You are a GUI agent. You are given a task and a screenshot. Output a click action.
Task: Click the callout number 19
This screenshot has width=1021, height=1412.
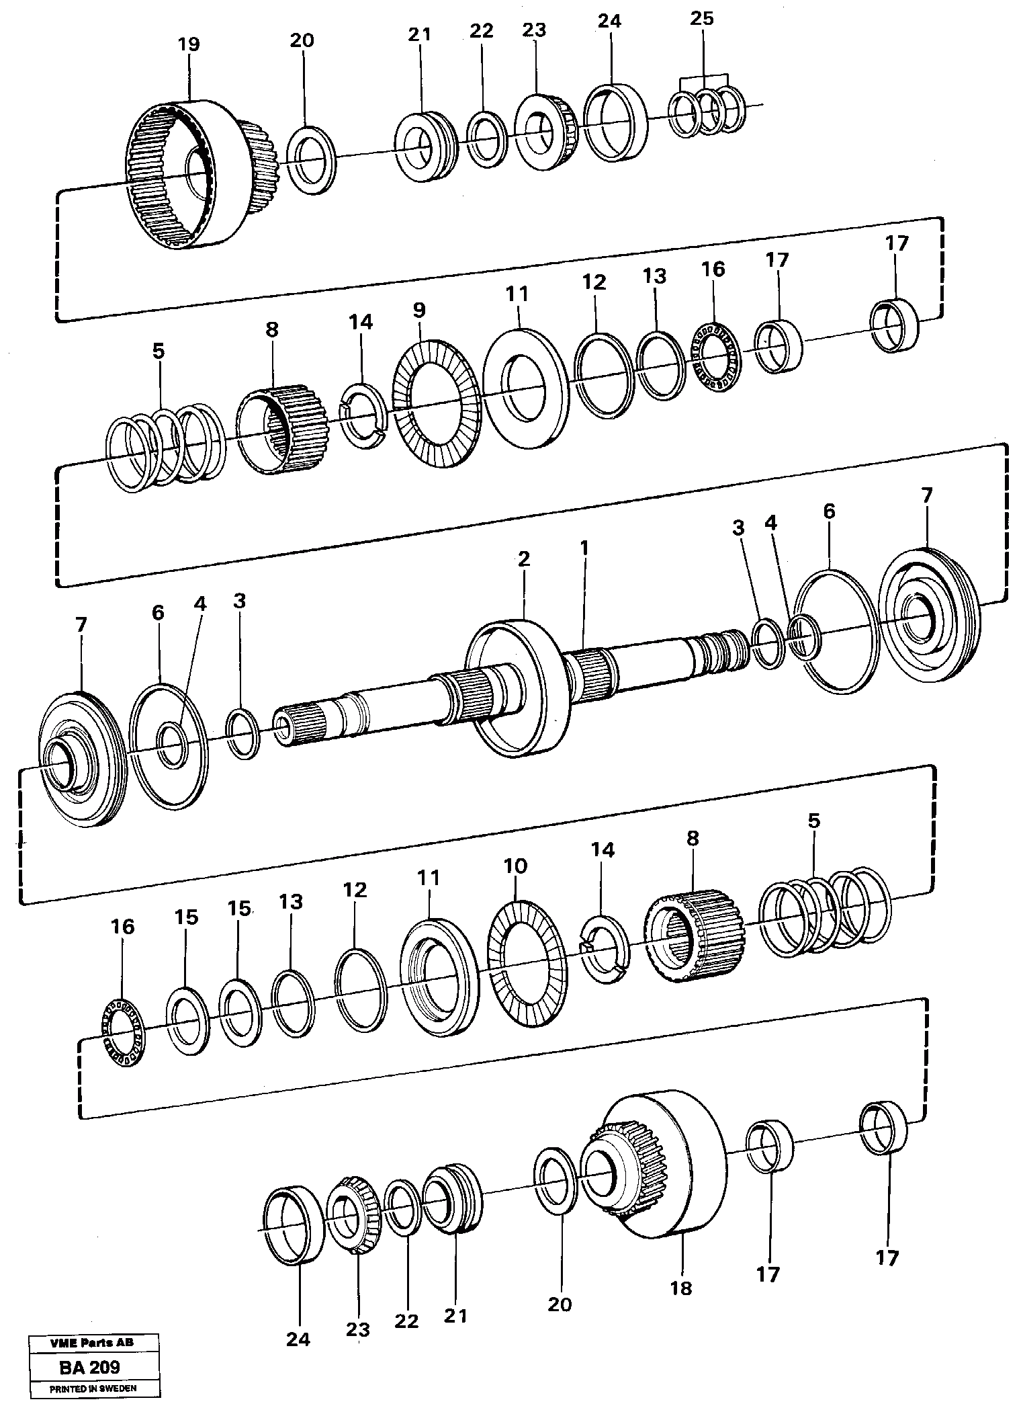[x=189, y=45]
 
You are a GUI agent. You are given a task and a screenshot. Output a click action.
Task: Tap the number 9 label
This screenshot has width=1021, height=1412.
[x=418, y=310]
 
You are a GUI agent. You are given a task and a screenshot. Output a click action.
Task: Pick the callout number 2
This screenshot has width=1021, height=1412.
[x=523, y=558]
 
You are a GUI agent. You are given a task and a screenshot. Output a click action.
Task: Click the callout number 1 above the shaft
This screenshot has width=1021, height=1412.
[x=584, y=548]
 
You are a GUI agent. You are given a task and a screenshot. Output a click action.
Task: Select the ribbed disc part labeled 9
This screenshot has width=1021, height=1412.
[x=435, y=404]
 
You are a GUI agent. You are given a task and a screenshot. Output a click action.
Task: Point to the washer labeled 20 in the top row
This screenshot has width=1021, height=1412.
[x=310, y=159]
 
